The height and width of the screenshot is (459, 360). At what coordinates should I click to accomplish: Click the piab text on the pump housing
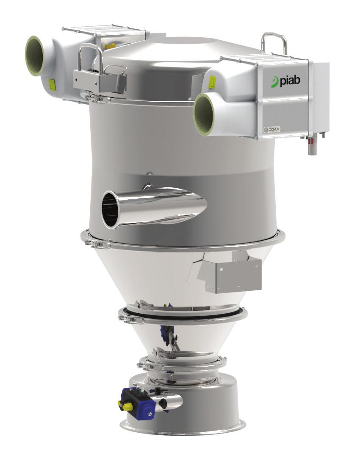click(x=289, y=81)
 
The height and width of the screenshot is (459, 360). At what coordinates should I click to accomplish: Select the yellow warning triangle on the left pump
click(x=52, y=83)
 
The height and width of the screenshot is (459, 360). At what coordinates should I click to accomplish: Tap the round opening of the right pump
click(x=203, y=114)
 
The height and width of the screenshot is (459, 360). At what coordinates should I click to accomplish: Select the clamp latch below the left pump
click(x=91, y=98)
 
